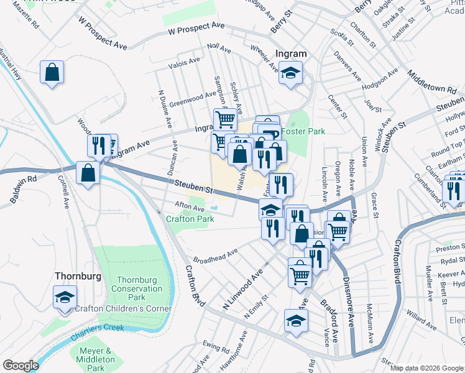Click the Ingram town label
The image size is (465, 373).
(x=291, y=55)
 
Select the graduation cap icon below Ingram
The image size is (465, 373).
(x=290, y=73)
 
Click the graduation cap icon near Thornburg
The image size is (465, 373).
(x=65, y=297)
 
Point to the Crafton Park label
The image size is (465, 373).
(x=190, y=219)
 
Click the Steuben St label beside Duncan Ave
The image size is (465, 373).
(x=193, y=185)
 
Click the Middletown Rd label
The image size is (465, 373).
(x=431, y=81)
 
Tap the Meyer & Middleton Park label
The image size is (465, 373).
(x=97, y=359)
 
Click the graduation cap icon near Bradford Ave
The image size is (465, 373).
(x=296, y=321)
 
